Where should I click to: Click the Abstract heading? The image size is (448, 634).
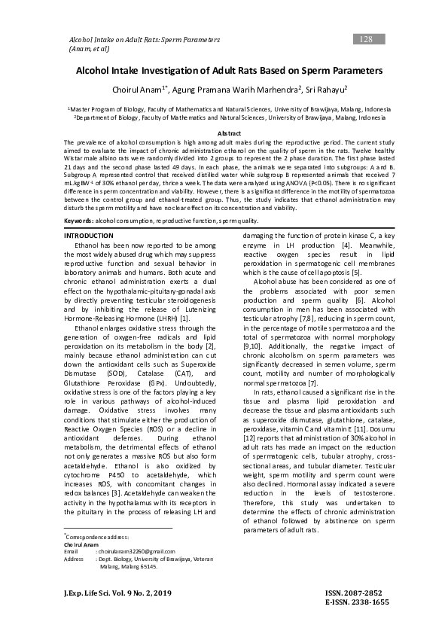[x=223, y=133]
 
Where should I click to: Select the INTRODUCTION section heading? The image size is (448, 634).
[x=90, y=215]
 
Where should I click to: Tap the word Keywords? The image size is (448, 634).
[x=78, y=199]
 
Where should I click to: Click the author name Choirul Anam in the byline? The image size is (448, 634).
[x=141, y=90]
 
